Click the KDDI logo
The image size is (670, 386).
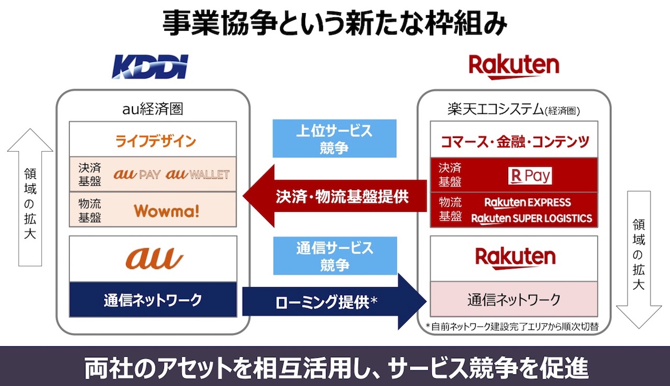(150, 66)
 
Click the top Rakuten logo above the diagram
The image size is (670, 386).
(513, 67)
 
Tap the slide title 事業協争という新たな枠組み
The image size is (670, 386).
(335, 24)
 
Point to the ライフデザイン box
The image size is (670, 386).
(153, 140)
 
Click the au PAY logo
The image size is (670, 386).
(137, 174)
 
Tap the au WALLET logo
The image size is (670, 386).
(197, 174)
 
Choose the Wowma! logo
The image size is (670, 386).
(166, 210)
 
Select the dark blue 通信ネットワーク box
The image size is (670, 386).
(153, 300)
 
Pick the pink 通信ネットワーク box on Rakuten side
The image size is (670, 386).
(513, 300)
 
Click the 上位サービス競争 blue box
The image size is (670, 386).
(334, 139)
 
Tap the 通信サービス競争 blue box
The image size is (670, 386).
(334, 256)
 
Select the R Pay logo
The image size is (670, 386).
(530, 176)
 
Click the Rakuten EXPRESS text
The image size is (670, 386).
(528, 202)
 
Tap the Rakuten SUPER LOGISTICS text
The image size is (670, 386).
(532, 219)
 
